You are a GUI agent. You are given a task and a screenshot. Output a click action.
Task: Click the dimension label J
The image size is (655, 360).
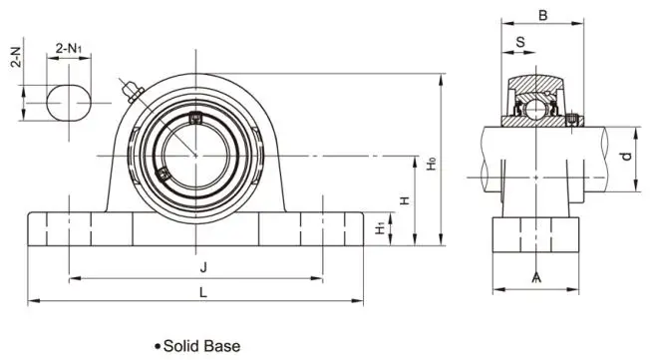(203, 267)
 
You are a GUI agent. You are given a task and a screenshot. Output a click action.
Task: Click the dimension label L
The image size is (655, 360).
(203, 292)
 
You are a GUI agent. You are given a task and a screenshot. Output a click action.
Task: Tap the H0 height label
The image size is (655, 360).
(432, 163)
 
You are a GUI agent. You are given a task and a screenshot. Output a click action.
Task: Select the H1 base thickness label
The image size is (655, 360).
(380, 228)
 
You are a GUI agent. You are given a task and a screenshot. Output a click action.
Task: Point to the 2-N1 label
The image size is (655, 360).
(69, 49)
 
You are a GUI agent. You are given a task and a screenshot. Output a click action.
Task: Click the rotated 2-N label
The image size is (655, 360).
(16, 57)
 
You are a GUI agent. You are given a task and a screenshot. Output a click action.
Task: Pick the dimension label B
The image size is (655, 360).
(542, 16)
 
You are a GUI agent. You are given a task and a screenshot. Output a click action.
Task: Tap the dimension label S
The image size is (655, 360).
(520, 42)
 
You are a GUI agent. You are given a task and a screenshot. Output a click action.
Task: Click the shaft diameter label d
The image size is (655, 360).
(626, 157)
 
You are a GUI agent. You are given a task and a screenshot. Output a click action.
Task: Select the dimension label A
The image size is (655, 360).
(536, 277)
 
